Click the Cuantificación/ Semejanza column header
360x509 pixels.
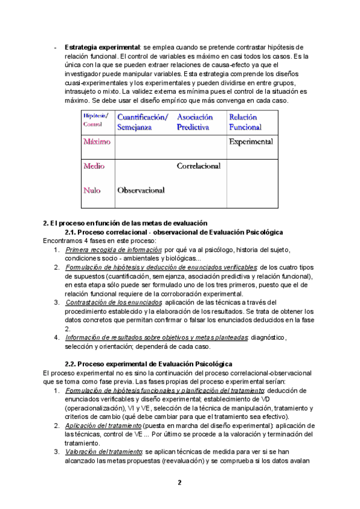point(143,122)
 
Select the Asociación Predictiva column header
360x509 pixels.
point(196,122)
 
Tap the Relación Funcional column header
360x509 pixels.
point(245,122)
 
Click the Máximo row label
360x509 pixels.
point(97,142)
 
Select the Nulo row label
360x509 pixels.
point(92,190)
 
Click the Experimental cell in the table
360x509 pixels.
point(250,142)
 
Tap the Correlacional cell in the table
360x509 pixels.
point(199,166)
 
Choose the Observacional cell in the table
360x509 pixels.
point(141,190)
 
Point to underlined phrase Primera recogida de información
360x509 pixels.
point(113,249)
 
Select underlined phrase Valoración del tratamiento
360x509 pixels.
point(103,451)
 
